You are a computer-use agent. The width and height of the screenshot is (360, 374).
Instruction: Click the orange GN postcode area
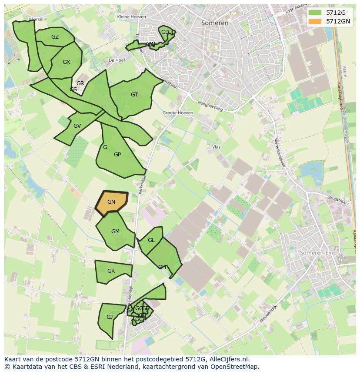[x=111, y=202]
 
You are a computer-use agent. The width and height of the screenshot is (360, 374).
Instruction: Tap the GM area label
[x=115, y=232]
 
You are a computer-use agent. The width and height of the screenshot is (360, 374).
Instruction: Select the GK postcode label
[x=111, y=271]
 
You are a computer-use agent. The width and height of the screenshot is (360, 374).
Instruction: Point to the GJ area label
[x=110, y=317]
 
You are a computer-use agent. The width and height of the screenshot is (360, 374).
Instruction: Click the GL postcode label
[x=151, y=240]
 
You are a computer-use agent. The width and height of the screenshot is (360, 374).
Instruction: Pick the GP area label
[x=117, y=155]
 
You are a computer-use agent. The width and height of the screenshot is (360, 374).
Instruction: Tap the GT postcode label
[x=134, y=95]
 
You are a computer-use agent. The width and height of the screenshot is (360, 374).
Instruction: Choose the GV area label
[x=77, y=126]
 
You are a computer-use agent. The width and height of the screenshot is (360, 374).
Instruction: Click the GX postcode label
[x=66, y=62]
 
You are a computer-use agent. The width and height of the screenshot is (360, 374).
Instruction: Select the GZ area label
[x=55, y=37]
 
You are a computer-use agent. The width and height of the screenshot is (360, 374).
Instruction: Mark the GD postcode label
[x=165, y=32]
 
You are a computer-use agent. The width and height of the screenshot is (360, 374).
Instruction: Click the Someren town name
[x=215, y=23]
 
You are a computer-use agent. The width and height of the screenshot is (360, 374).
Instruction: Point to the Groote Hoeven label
[x=177, y=113]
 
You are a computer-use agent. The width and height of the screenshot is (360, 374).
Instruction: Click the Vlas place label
[x=216, y=147]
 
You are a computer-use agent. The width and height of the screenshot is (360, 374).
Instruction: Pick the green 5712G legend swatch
[x=315, y=13]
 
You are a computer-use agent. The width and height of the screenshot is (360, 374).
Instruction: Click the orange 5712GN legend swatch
[x=315, y=21]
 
